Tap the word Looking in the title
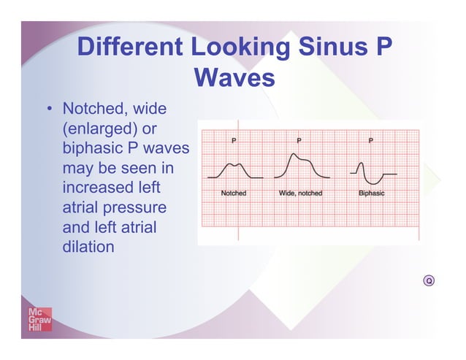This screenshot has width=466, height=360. coord(231,47)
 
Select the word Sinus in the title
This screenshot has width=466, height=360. coord(324,47)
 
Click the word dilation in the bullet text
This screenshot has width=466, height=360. coord(88,247)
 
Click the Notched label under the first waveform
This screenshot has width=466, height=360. coord(233,194)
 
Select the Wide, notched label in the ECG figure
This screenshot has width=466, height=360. coord(300,194)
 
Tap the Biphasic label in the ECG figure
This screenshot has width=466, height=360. coord(371,194)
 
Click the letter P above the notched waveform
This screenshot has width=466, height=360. coord(234,139)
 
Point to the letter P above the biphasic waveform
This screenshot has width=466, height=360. coord(371,139)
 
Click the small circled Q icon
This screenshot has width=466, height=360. coord(429,280)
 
